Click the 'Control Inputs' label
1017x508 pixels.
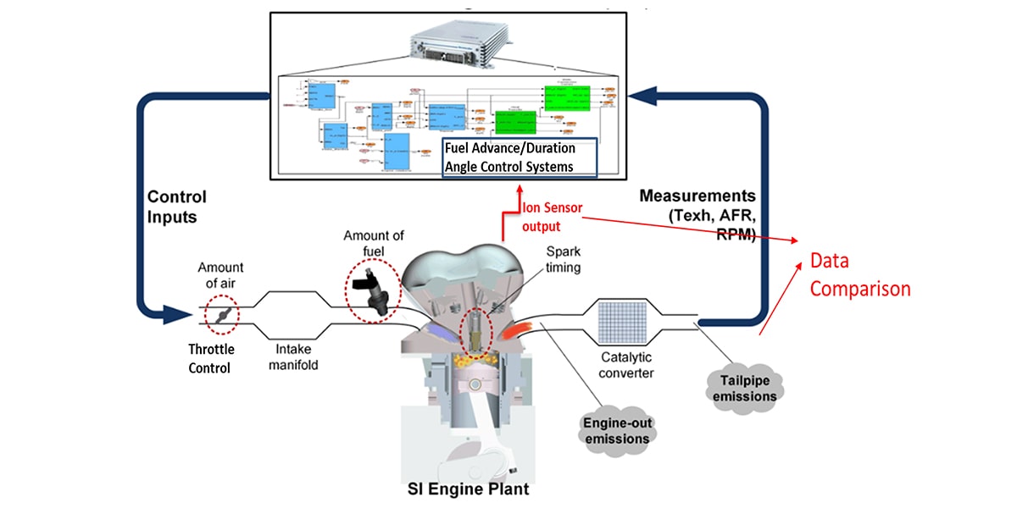pos(177,207)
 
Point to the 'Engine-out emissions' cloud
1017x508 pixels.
pos(616,430)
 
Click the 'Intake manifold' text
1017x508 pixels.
pos(292,356)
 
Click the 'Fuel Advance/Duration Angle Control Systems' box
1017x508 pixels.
pos(520,157)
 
